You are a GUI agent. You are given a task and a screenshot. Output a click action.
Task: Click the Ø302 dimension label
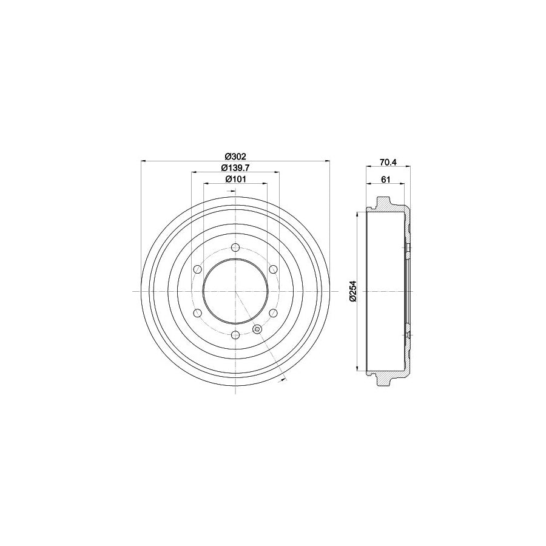[235, 155]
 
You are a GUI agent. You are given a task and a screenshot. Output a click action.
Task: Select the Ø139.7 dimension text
[235, 167]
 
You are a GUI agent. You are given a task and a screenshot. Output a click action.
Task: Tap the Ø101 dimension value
[235, 179]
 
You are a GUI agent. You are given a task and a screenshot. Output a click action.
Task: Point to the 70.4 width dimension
[387, 162]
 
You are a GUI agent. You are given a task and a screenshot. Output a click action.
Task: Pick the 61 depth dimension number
[385, 179]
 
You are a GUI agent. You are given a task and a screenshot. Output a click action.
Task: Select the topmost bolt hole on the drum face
[235, 248]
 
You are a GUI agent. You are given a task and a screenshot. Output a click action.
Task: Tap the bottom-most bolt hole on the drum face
[235, 335]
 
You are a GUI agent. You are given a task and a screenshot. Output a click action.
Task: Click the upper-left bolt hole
[197, 269]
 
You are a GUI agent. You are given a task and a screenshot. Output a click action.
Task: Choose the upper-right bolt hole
[273, 269]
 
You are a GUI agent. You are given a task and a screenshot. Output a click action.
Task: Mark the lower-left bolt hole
[197, 313]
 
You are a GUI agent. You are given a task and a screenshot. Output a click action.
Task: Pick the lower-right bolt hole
[273, 313]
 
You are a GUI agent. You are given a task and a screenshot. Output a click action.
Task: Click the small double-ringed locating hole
[257, 329]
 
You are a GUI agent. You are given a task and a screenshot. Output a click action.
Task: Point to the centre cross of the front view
[235, 291]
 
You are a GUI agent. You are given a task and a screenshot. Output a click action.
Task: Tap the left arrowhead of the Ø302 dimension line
[143, 161]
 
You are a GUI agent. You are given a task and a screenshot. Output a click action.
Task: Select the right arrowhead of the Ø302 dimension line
[328, 161]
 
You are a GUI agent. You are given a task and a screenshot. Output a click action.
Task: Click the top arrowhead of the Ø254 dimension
[359, 214]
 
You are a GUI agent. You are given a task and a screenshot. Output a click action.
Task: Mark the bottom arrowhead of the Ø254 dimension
[359, 368]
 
